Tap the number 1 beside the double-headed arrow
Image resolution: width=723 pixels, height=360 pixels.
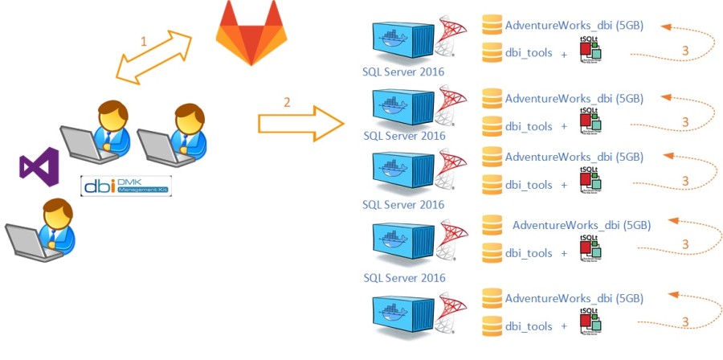click(144, 41)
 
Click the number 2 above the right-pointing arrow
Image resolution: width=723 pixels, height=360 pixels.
click(286, 102)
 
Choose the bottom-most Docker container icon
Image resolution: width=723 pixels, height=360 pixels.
click(403, 316)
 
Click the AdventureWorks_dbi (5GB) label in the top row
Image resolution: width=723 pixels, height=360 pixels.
click(574, 25)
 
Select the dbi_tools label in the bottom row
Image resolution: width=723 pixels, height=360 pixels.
click(528, 326)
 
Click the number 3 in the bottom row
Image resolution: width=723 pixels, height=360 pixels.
click(684, 321)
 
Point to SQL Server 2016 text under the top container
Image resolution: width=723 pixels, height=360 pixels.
click(403, 72)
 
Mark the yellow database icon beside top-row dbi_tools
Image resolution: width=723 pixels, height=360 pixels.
click(492, 53)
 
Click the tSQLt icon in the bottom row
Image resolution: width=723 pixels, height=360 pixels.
click(590, 321)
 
